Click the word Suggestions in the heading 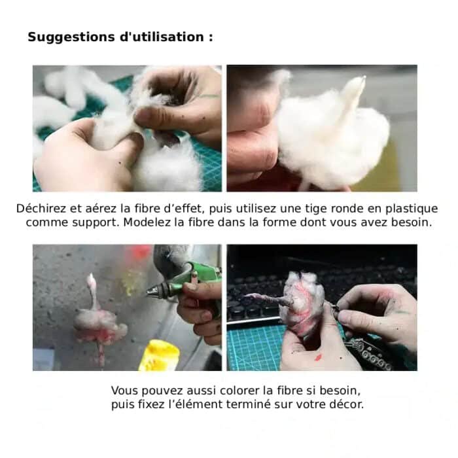point(71,37)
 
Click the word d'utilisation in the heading point(162,37)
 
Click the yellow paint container point(158,356)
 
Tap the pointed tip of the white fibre point(364,77)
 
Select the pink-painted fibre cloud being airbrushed point(100,325)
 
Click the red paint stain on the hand point(319,357)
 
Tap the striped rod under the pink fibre point(101,354)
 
